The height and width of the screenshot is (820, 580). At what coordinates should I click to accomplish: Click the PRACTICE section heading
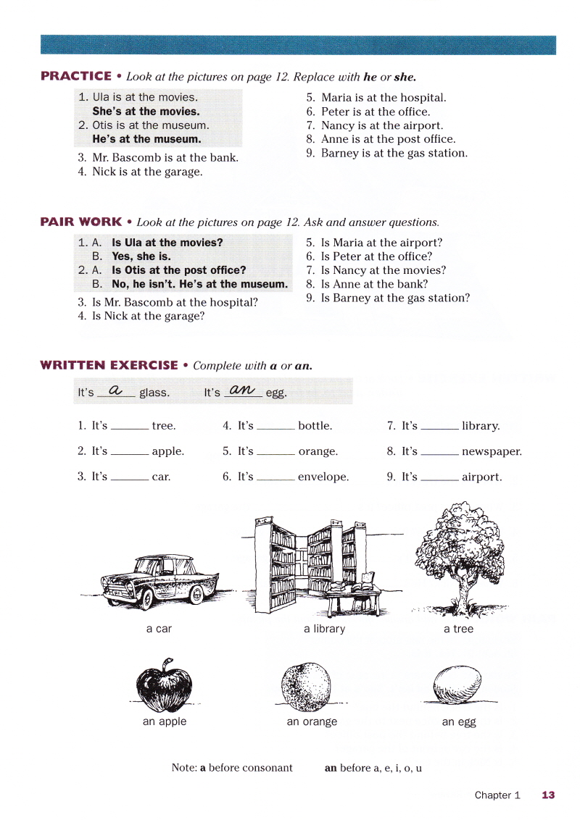point(76,76)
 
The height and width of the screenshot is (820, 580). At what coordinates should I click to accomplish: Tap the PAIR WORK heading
point(81,222)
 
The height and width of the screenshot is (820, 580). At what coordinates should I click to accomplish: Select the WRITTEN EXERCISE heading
point(109,366)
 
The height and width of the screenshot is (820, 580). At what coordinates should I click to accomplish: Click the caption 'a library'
point(324,629)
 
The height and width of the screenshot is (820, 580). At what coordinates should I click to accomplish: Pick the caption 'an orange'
point(312,721)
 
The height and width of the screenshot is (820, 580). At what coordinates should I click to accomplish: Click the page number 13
point(548,795)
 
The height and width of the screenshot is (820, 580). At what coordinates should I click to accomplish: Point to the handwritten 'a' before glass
point(115,391)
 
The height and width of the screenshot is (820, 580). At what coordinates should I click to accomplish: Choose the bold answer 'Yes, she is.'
point(141,256)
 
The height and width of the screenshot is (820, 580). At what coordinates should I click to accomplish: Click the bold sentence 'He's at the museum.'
point(146,139)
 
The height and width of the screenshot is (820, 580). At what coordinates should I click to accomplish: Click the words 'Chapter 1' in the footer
point(497,795)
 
